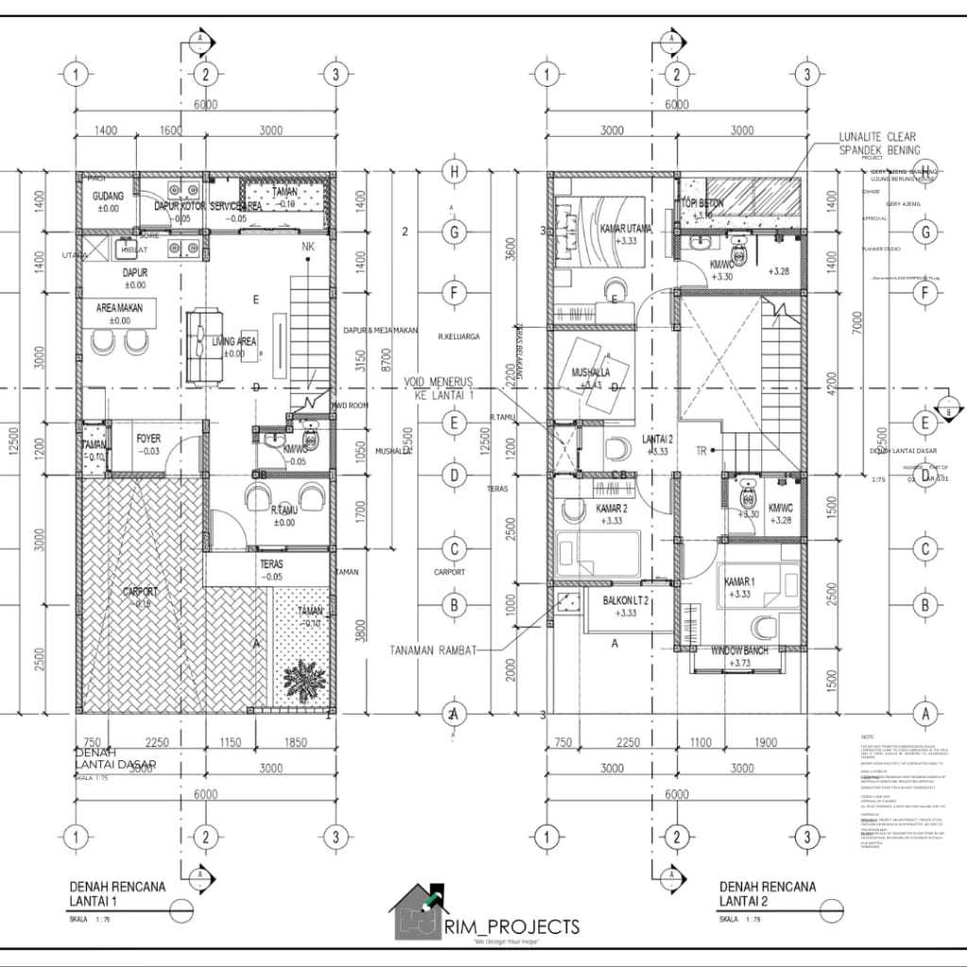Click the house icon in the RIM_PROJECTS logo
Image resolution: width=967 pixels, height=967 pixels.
tap(420, 911)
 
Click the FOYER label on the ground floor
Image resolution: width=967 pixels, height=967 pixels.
tap(148, 439)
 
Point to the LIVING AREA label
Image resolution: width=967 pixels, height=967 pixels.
tap(236, 342)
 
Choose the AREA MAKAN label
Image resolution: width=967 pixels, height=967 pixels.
tap(120, 309)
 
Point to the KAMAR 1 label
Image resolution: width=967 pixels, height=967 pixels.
tap(740, 581)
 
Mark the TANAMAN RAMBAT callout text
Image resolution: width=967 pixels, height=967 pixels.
tap(445, 650)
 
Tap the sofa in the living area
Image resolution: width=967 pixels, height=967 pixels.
tap(201, 345)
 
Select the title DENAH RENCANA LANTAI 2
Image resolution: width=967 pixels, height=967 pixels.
tap(767, 893)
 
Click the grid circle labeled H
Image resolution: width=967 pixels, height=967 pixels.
tap(455, 171)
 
